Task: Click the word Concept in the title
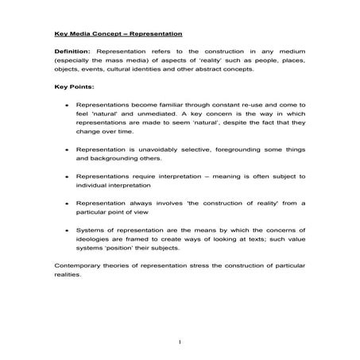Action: point(104,34)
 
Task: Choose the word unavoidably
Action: point(167,149)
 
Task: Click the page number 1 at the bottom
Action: point(181,342)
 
